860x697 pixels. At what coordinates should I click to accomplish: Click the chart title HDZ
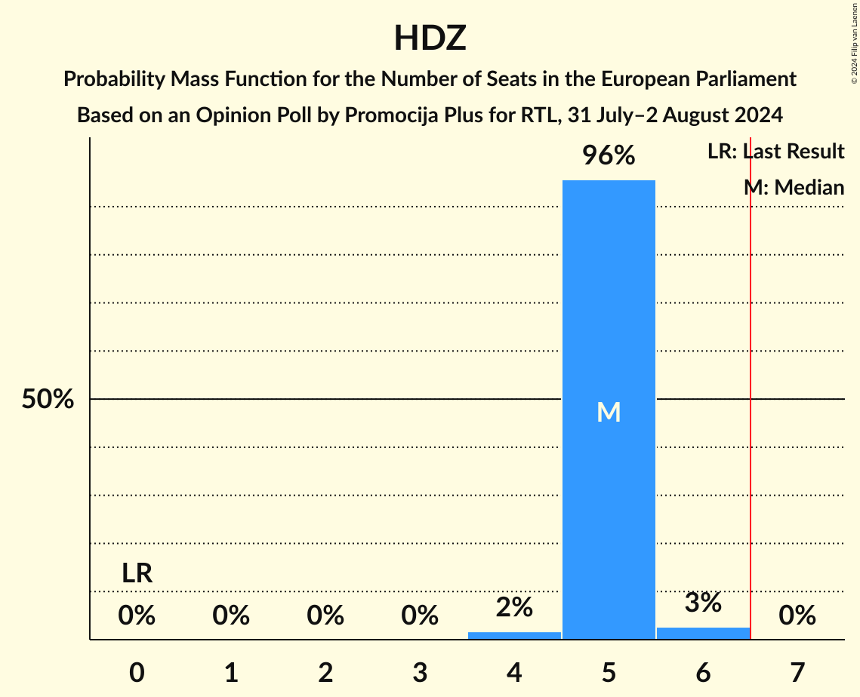430,38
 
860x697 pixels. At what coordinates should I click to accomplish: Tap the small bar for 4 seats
514,635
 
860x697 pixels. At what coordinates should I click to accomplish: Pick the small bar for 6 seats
703,633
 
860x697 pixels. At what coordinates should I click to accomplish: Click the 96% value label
609,156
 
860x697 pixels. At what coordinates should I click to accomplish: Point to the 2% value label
514,607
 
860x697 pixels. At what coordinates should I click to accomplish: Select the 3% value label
703,603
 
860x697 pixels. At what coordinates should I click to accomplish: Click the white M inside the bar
609,412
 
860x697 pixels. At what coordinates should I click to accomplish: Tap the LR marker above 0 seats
137,573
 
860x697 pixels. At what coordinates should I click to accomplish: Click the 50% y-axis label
48,400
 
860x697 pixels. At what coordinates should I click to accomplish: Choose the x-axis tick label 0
137,672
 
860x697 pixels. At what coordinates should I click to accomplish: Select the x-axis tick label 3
420,672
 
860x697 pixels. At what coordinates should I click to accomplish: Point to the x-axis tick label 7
797,672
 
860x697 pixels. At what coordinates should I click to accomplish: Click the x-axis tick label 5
609,672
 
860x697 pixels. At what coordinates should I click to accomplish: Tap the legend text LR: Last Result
775,152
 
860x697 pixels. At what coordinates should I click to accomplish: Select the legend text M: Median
794,187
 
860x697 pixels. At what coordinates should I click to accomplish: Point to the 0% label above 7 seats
797,616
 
